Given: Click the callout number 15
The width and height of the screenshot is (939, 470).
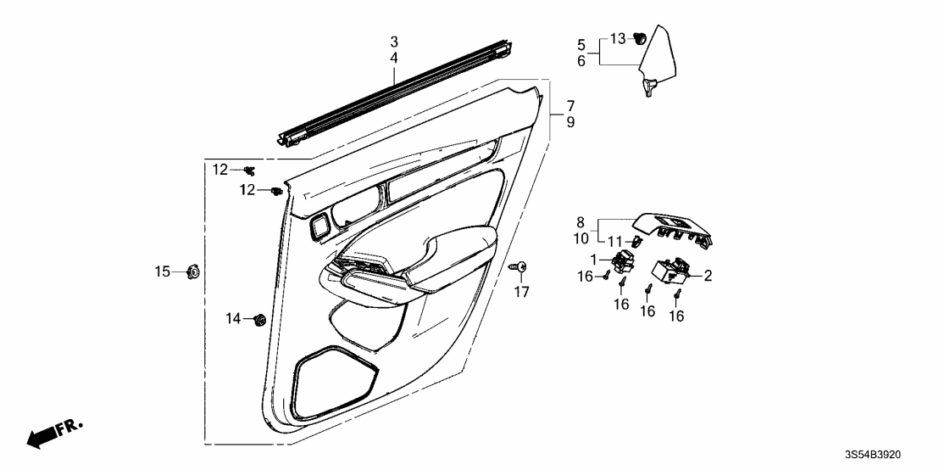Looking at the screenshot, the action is click(163, 272).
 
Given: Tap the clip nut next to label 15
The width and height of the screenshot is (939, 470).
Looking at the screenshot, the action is click(193, 272).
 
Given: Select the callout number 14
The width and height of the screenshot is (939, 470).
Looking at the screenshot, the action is click(233, 319).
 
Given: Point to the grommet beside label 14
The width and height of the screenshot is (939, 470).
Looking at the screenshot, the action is click(260, 320).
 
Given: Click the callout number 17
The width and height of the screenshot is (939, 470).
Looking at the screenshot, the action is click(521, 292).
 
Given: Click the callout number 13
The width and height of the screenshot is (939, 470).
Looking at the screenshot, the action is click(618, 39).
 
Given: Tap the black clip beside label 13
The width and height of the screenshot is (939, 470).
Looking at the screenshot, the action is click(640, 39).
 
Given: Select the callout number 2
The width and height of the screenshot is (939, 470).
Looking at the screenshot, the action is click(708, 276).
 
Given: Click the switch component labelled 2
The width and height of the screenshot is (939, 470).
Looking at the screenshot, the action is click(672, 270).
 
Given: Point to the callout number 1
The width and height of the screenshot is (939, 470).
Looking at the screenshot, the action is click(593, 260).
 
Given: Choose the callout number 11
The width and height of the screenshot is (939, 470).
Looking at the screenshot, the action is click(616, 242).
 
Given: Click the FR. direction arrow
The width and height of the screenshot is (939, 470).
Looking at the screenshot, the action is click(55, 434).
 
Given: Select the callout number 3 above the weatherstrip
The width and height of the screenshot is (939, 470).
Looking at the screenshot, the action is click(393, 42).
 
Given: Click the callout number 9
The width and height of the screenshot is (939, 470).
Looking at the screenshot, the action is click(570, 122).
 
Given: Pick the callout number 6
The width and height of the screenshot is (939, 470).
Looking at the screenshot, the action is click(581, 61).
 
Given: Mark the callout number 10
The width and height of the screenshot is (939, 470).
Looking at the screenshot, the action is click(581, 238).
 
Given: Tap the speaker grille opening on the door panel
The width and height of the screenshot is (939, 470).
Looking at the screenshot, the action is click(336, 383).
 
